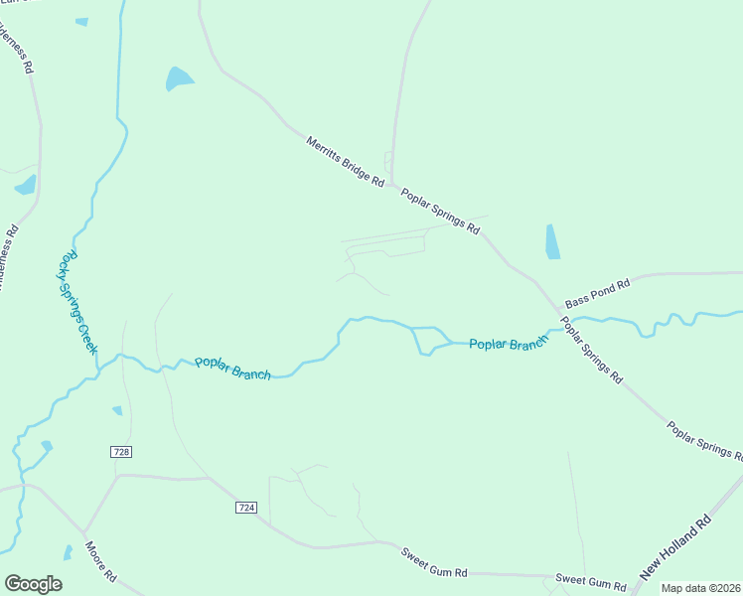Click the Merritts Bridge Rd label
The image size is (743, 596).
coord(345,161)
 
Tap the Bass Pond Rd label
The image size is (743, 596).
coord(597,293)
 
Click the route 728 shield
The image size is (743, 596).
coord(121,452)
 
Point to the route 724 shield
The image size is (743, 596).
coord(247,508)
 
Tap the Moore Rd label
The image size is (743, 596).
coord(101,561)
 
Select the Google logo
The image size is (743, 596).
coord(33,584)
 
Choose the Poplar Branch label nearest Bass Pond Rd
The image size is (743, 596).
coord(509,344)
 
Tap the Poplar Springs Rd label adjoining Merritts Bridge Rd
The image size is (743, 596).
coord(441,211)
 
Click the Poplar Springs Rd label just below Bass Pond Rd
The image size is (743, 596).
coord(591,350)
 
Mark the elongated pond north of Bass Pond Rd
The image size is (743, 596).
coord(552,241)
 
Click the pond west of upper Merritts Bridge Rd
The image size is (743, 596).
coord(179,78)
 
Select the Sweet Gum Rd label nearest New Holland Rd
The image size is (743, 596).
coord(586,578)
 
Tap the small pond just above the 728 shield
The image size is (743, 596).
coord(117,410)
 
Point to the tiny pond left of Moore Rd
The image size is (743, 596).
coord(68,552)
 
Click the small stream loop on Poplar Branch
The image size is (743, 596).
coord(429,341)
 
